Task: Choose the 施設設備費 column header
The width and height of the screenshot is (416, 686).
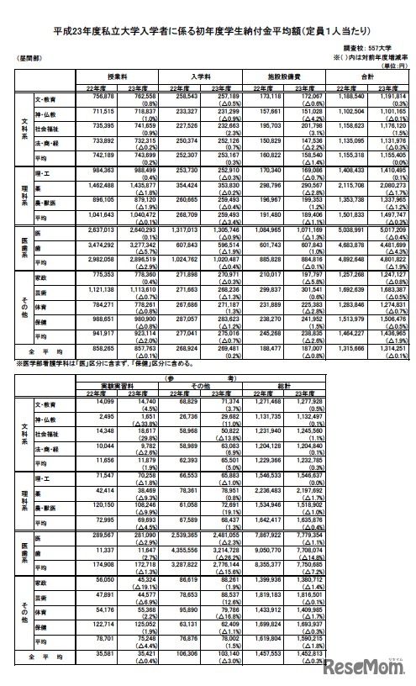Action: pos(283,75)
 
